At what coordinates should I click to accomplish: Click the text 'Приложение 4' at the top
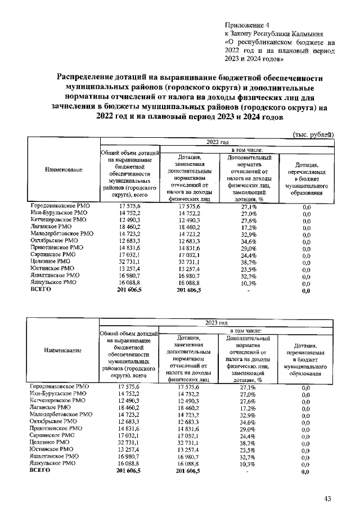(247, 25)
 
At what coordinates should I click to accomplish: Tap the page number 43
(328, 499)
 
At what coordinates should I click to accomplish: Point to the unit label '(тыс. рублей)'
(313, 134)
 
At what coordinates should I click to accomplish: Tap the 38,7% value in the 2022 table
(248, 262)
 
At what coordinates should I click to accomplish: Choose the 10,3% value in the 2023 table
(248, 464)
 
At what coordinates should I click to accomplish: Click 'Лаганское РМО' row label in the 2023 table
(53, 406)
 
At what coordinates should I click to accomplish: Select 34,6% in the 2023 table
(248, 422)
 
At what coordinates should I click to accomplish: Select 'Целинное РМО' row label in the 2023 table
(51, 443)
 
